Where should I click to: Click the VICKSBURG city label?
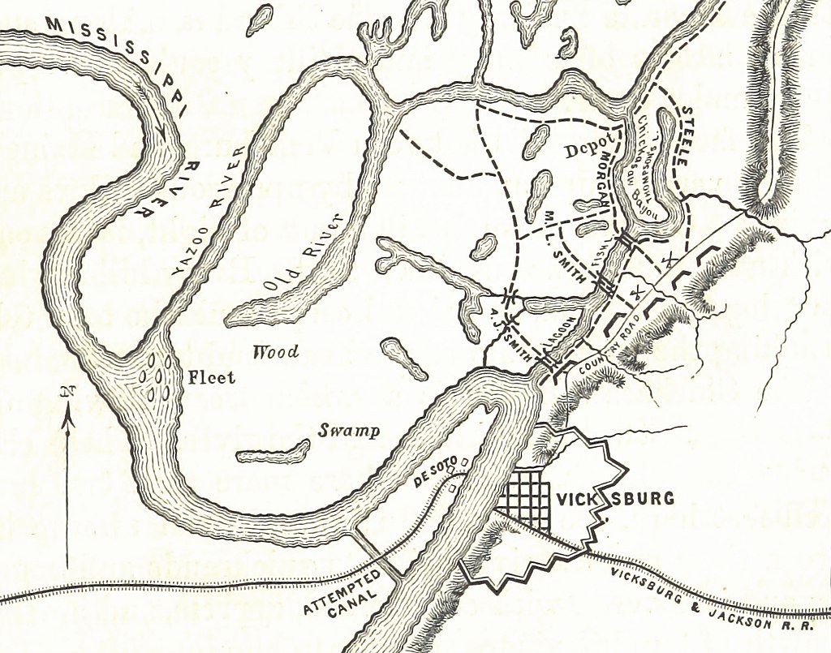click(x=614, y=498)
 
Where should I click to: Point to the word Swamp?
click(x=349, y=431)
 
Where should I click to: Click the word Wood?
click(x=275, y=352)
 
